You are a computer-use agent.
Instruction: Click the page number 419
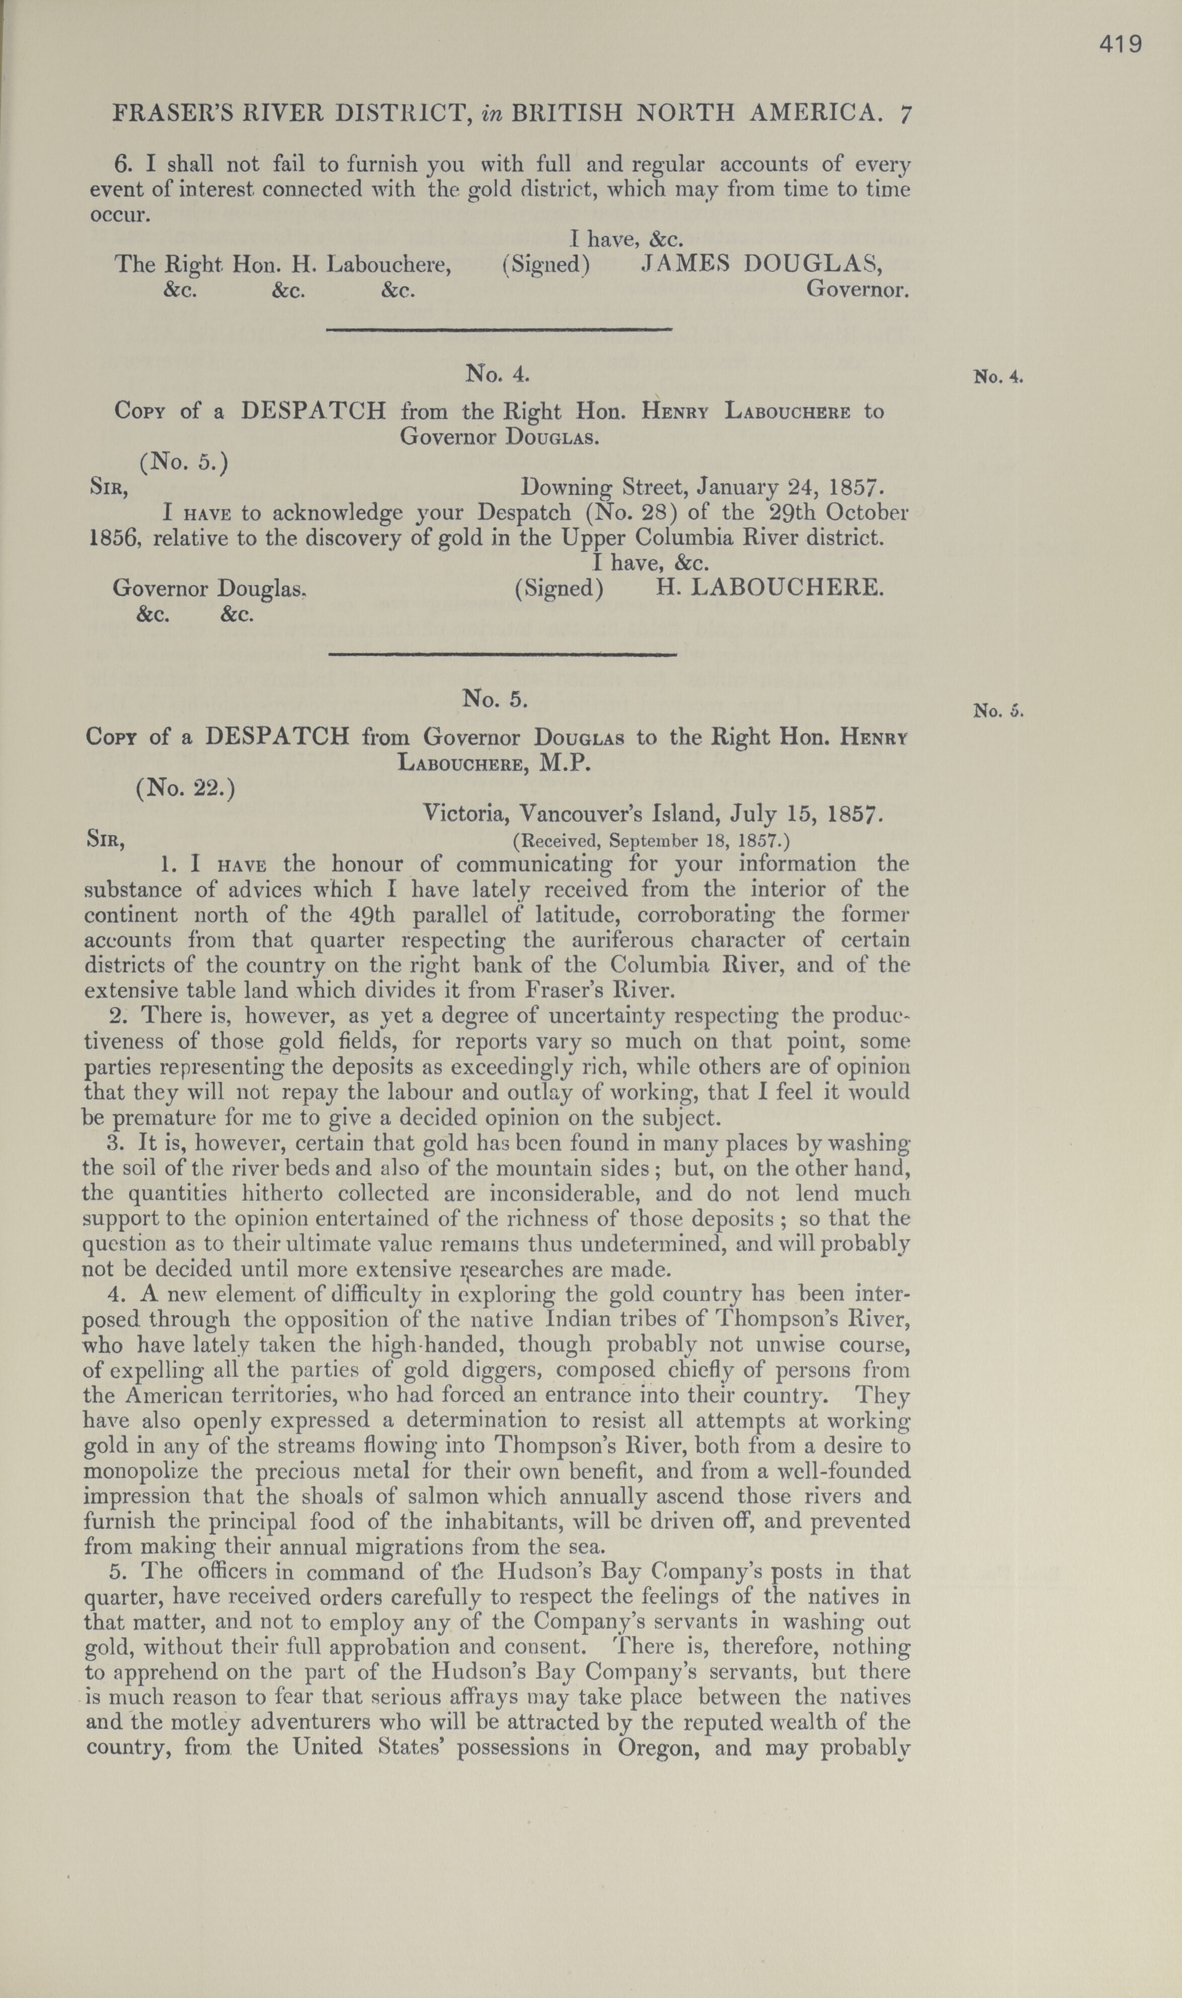1121,45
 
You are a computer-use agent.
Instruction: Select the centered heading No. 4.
498,374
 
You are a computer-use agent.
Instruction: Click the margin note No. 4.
997,377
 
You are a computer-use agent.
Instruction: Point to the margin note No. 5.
997,711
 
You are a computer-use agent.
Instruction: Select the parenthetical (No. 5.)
184,462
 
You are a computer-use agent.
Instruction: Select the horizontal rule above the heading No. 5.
503,655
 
